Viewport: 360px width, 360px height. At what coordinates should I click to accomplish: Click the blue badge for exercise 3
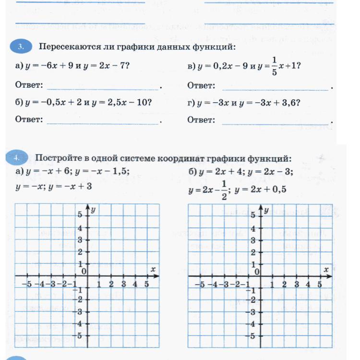click(21, 47)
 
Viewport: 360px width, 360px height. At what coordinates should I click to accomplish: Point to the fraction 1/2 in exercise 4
click(223, 189)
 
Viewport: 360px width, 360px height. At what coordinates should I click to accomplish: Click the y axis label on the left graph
click(93, 210)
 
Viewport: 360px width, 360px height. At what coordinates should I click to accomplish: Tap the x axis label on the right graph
click(326, 270)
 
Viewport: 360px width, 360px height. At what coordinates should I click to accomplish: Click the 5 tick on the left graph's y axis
click(80, 215)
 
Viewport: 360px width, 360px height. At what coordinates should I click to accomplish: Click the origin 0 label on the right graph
click(257, 272)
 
